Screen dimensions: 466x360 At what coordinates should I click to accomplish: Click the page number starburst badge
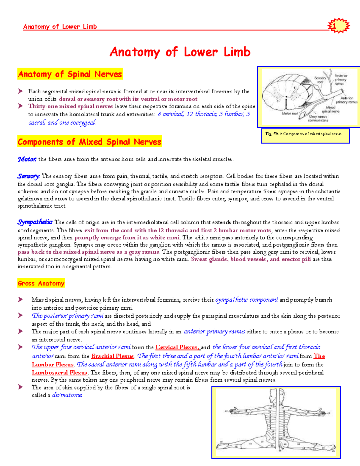click(x=338, y=26)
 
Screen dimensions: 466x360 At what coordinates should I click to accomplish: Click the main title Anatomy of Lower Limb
click(x=180, y=52)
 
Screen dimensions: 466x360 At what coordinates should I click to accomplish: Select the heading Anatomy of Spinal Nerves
click(x=70, y=74)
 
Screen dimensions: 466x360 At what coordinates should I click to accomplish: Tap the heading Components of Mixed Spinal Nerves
click(x=89, y=142)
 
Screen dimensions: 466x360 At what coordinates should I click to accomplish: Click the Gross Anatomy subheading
click(x=41, y=283)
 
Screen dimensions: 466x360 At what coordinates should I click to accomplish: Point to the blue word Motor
click(x=27, y=159)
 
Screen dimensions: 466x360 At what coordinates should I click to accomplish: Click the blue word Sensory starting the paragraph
click(x=28, y=176)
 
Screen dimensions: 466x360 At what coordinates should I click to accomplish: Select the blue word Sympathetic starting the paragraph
click(x=35, y=222)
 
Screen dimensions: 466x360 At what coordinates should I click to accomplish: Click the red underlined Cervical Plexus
click(x=177, y=347)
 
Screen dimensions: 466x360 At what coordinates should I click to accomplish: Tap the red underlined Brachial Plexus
click(x=112, y=356)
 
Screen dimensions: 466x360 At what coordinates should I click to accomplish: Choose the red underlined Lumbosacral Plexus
click(x=59, y=373)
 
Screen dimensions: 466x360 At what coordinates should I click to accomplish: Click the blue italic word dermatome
click(x=67, y=395)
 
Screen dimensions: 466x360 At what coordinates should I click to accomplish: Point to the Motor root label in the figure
click(x=289, y=114)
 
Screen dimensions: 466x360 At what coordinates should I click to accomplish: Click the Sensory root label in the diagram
click(x=320, y=80)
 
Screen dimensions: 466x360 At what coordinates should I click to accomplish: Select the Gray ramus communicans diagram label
click(x=318, y=119)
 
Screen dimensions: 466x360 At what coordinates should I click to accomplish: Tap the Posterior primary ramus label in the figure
click(x=340, y=80)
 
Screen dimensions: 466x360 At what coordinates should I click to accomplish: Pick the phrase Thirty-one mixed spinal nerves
click(x=70, y=106)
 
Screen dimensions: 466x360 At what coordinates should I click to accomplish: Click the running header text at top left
click(x=60, y=27)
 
